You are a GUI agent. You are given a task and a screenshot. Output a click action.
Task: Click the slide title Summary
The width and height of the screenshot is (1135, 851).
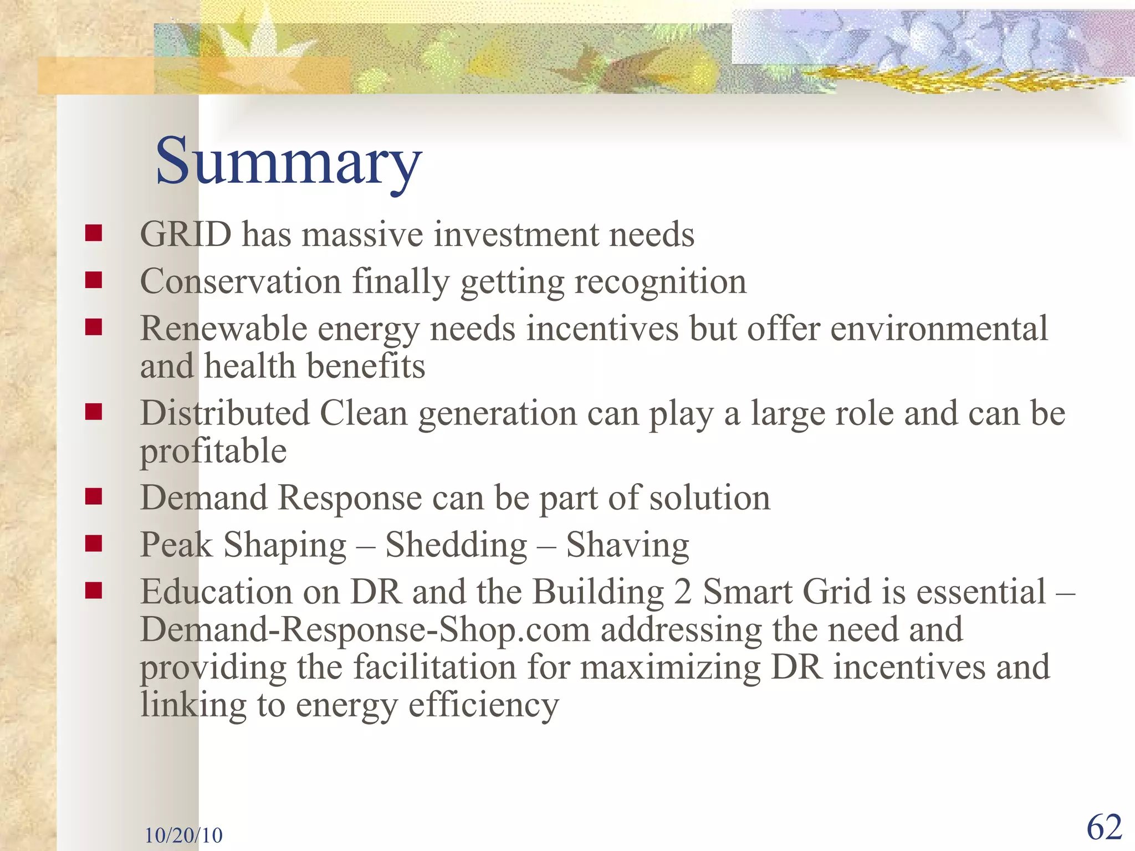[288, 162]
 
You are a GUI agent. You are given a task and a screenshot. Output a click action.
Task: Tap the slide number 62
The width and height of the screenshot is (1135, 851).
[1104, 828]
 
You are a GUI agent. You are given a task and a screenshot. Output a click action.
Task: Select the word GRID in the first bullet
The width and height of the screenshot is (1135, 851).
[186, 234]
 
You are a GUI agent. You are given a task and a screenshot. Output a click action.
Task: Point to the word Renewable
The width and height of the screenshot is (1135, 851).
[223, 329]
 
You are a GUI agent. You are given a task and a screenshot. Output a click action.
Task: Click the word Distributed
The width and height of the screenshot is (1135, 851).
[224, 413]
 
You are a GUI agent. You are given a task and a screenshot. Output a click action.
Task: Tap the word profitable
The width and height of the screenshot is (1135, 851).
[213, 451]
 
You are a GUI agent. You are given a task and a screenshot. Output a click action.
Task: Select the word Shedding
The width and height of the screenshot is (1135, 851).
[456, 545]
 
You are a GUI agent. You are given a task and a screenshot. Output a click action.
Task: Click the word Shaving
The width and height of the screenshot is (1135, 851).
[627, 545]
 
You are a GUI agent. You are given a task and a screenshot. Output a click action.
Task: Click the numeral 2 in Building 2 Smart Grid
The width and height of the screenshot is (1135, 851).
[683, 592]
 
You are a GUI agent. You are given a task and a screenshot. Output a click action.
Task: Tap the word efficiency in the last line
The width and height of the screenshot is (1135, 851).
[483, 705]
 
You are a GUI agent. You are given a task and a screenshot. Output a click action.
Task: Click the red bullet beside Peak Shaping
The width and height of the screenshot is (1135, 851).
[94, 544]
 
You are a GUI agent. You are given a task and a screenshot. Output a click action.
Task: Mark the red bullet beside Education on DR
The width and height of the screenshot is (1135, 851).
[94, 591]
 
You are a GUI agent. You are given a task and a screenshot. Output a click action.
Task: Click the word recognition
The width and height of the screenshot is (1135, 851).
[660, 281]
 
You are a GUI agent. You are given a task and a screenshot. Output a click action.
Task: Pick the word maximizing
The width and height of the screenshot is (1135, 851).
[671, 667]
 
